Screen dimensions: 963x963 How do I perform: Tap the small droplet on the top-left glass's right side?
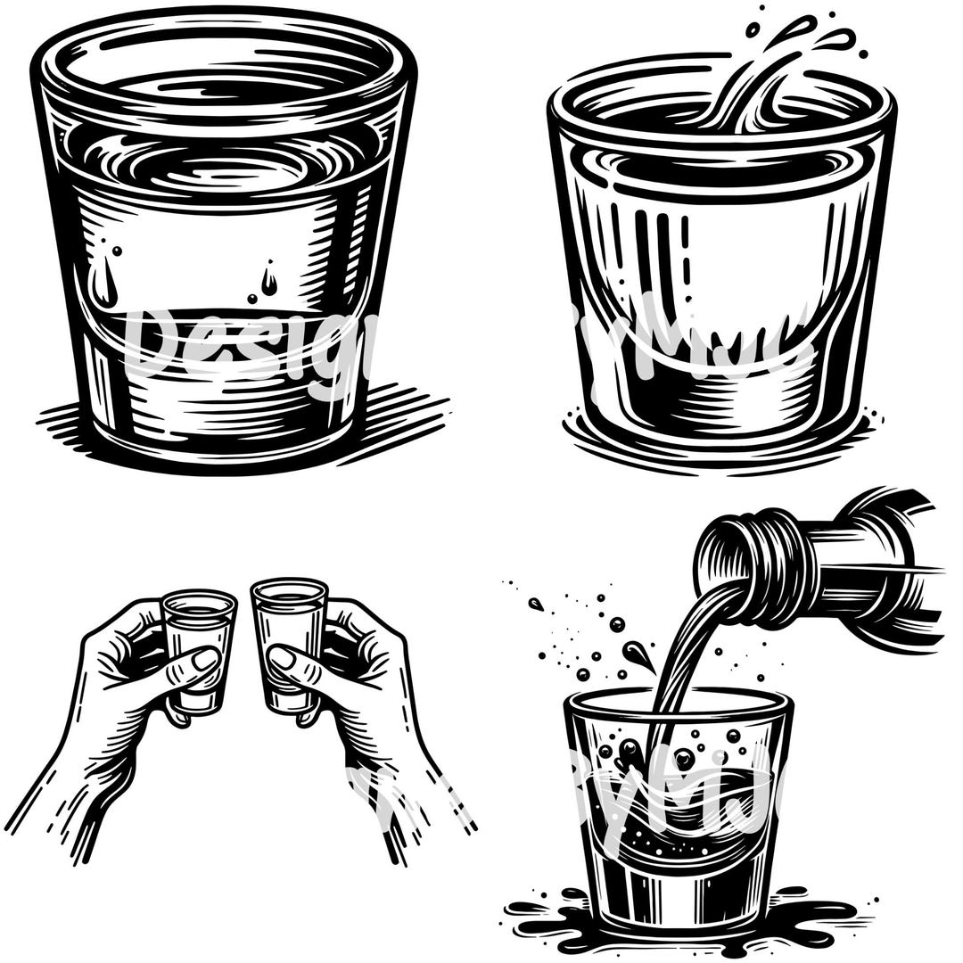point(268,281)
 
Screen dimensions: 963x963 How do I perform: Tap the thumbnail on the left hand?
point(205,661)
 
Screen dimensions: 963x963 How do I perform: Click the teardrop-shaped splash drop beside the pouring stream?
point(640,655)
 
